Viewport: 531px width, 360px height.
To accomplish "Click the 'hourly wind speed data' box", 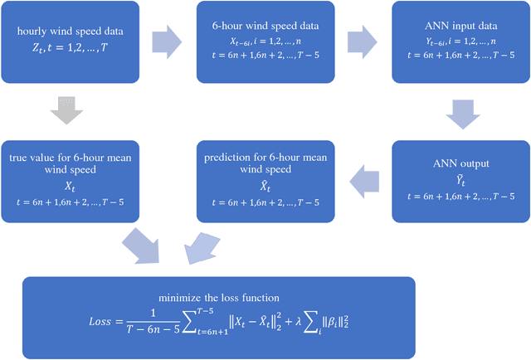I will tap(71, 43).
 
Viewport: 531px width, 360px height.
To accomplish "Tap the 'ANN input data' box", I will tap(460, 43).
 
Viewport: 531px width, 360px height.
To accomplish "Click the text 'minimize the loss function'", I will tap(217, 296).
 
